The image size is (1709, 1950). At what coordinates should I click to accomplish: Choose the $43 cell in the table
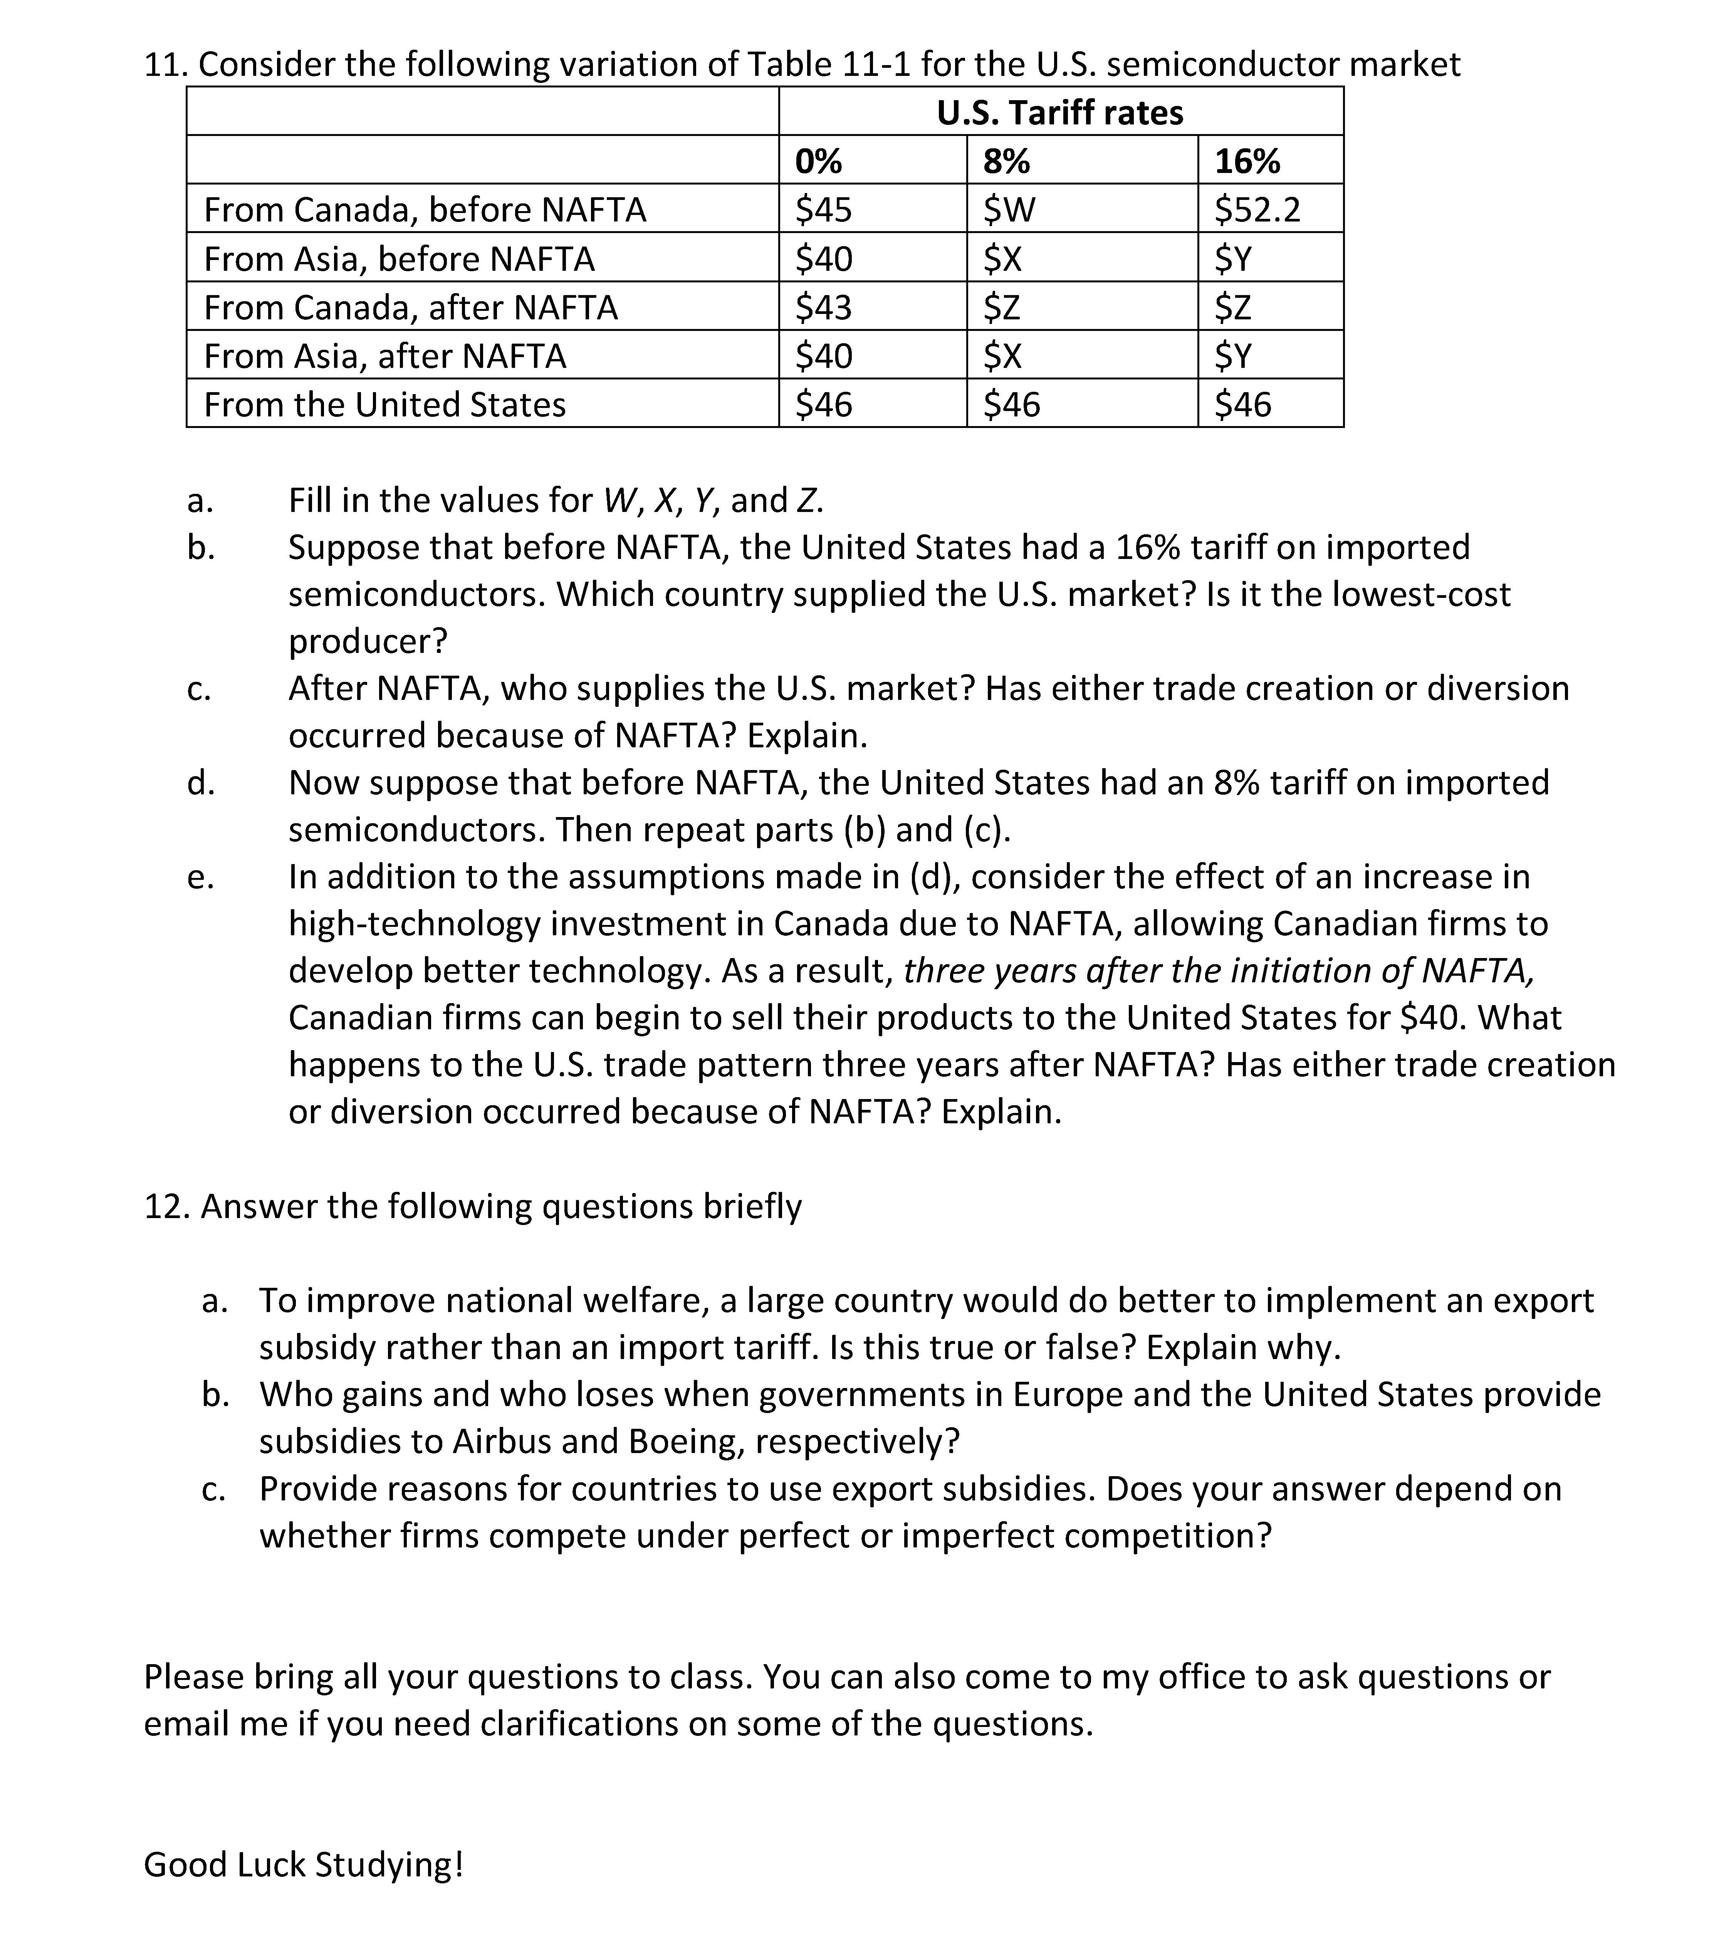pos(824,307)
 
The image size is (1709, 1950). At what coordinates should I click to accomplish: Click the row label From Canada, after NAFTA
pos(411,307)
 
